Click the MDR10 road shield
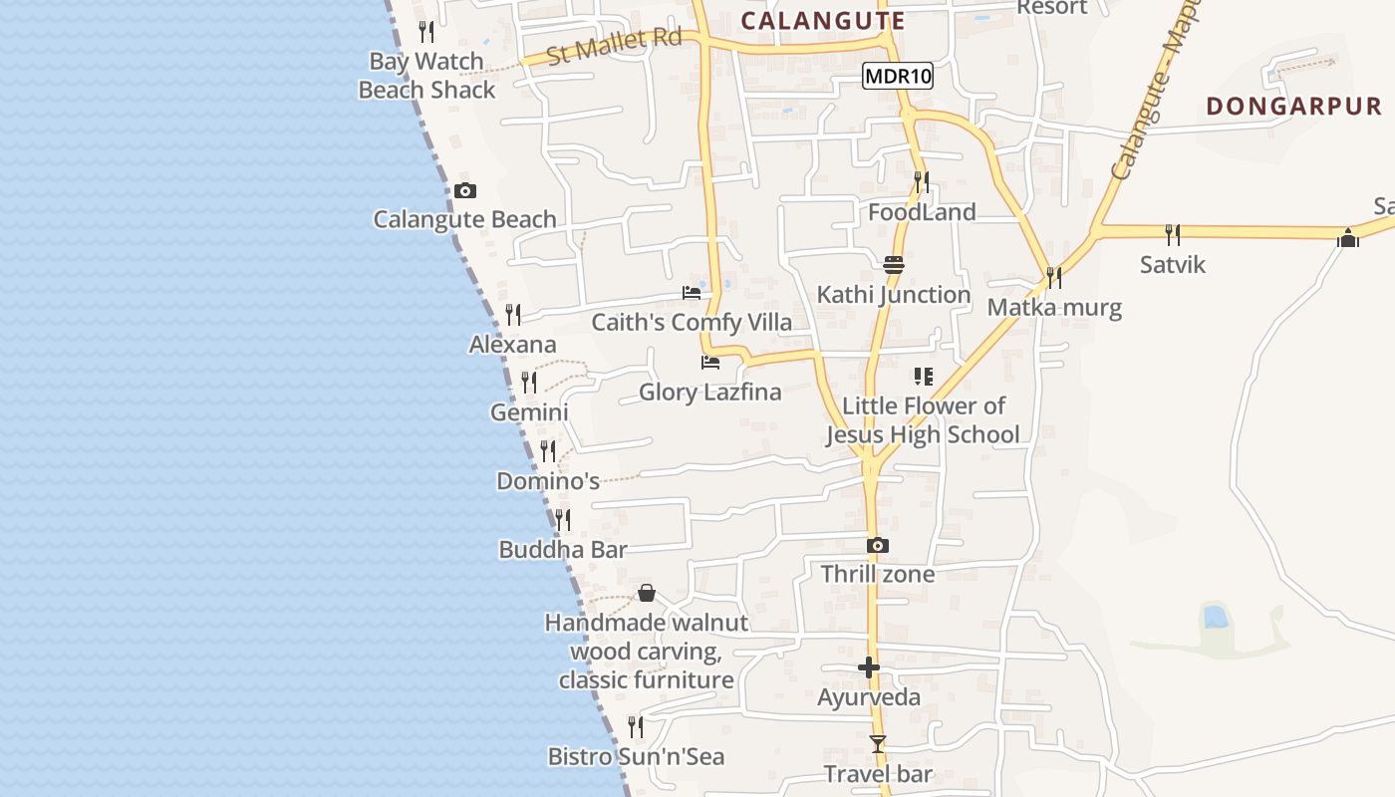[898, 76]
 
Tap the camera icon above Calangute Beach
[464, 190]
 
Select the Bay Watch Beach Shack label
[426, 76]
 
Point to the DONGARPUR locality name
[1293, 106]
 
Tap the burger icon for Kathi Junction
[893, 264]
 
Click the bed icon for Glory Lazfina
[710, 363]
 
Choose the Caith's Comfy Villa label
[692, 322]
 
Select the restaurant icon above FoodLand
[922, 181]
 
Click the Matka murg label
[1054, 307]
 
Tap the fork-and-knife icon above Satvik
[1173, 234]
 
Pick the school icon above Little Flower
[924, 377]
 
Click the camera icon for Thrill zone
[877, 545]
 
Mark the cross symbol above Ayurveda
[869, 667]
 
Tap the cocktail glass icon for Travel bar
[877, 744]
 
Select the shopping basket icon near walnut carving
[647, 594]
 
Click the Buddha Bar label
[563, 549]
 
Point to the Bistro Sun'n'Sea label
[637, 756]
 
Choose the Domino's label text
[548, 481]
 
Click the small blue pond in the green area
[1215, 616]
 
